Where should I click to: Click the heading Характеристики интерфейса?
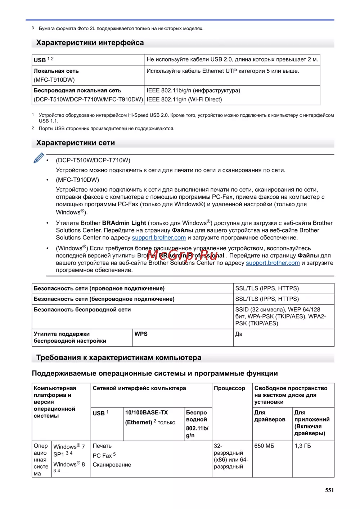point(90,43)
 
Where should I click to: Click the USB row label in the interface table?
point(40,60)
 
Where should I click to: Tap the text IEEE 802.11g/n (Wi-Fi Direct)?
point(184,100)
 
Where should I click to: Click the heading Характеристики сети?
point(75,143)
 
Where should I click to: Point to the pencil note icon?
point(39,158)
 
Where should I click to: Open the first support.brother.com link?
point(159,238)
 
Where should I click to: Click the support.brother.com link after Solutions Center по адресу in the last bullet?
point(273,263)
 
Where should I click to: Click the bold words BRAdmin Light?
point(124,223)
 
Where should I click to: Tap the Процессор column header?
point(229,388)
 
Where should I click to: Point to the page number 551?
point(329,490)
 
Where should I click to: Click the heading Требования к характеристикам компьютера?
point(118,358)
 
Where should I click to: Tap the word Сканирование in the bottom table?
point(112,465)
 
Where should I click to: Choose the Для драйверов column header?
point(270,416)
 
